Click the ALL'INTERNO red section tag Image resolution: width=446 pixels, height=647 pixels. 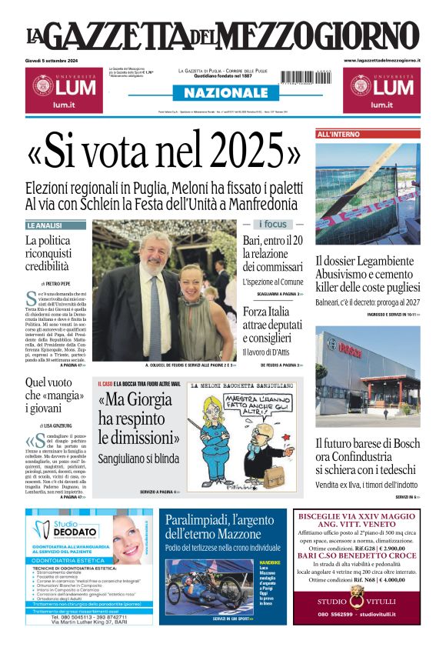[x=338, y=135]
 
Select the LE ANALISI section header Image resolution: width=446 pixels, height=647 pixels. [x=45, y=225]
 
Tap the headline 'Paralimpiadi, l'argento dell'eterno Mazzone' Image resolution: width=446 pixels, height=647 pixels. [x=219, y=526]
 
